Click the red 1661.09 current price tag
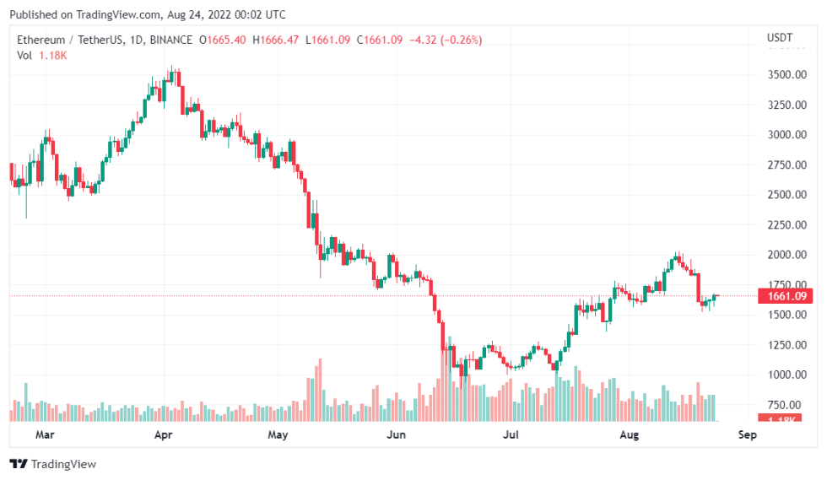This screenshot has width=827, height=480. coord(785,296)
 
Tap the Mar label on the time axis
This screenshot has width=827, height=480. coord(46,435)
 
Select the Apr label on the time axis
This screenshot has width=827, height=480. coord(164,435)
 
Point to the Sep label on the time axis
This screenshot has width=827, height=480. coord(746,435)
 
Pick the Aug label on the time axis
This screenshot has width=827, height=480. coord(629,435)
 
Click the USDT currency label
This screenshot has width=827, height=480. coord(779,38)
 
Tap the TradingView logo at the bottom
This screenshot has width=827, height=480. coord(53,464)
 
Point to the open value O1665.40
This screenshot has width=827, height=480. coord(223,40)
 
